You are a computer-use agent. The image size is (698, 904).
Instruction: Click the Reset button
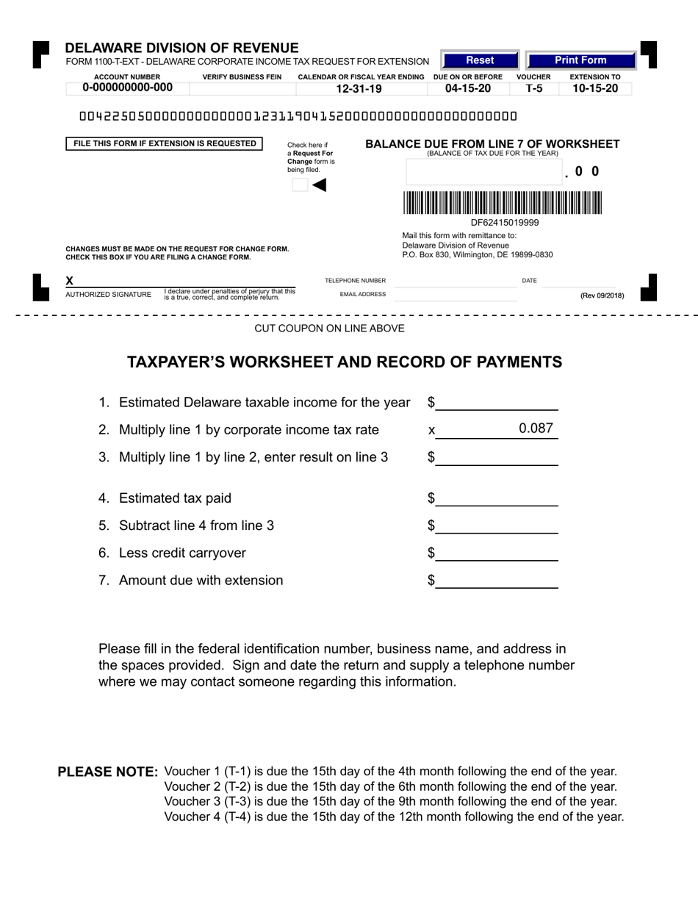(x=480, y=60)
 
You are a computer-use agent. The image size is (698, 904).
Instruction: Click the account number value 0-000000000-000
(x=128, y=88)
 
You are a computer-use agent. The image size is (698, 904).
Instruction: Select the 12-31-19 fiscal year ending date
(x=359, y=89)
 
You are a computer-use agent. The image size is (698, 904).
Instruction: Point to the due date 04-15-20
(x=467, y=89)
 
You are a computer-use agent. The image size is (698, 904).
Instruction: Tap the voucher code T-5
(x=533, y=89)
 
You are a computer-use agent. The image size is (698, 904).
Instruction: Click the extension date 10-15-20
(x=595, y=89)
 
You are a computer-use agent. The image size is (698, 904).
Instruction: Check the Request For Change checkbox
(x=299, y=185)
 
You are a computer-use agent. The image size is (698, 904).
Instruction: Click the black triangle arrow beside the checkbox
(x=319, y=185)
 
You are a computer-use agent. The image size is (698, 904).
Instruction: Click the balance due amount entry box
(x=483, y=172)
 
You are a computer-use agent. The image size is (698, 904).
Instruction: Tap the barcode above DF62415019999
(x=502, y=202)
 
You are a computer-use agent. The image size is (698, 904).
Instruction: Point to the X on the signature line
(x=70, y=281)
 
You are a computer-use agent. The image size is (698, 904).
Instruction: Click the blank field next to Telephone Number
(x=455, y=281)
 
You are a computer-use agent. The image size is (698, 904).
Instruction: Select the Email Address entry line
(x=455, y=295)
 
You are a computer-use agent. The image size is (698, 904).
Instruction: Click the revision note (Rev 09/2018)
(x=602, y=295)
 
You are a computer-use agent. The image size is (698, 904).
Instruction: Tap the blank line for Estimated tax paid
(x=497, y=499)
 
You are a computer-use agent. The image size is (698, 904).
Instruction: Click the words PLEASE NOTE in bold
(x=108, y=772)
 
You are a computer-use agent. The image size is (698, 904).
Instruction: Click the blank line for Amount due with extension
(x=497, y=581)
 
